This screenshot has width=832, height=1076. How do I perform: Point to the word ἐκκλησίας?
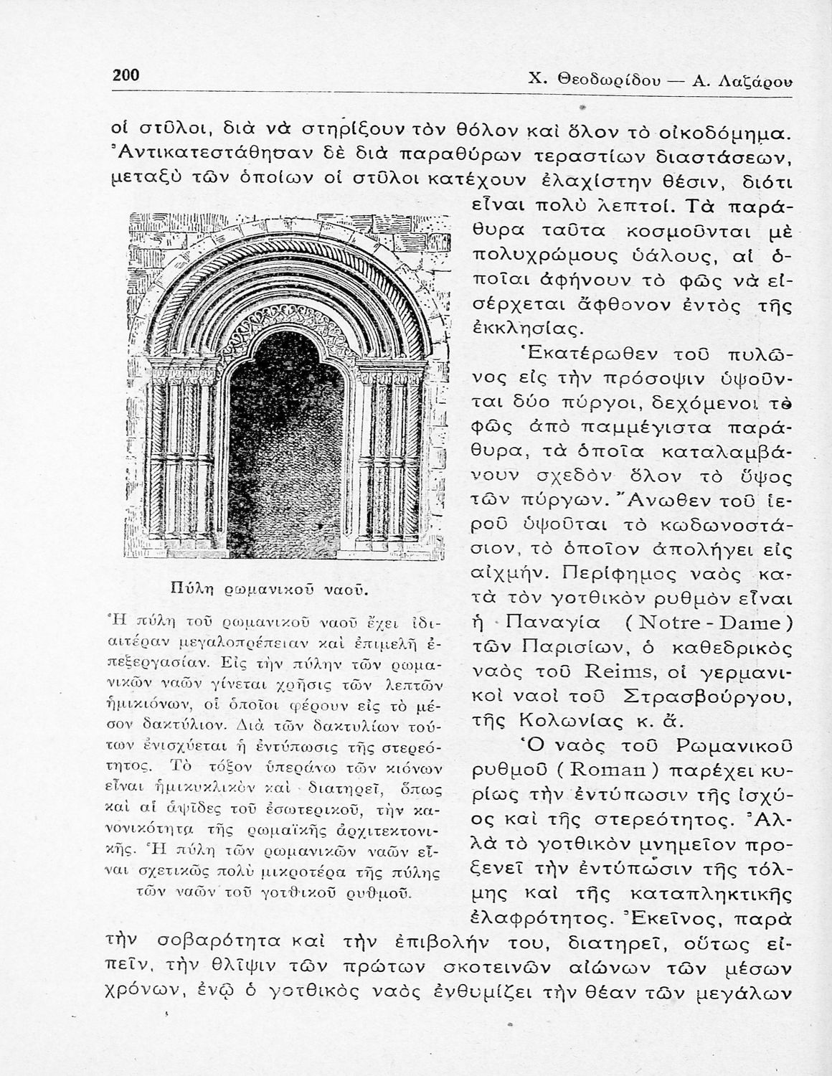526,329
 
